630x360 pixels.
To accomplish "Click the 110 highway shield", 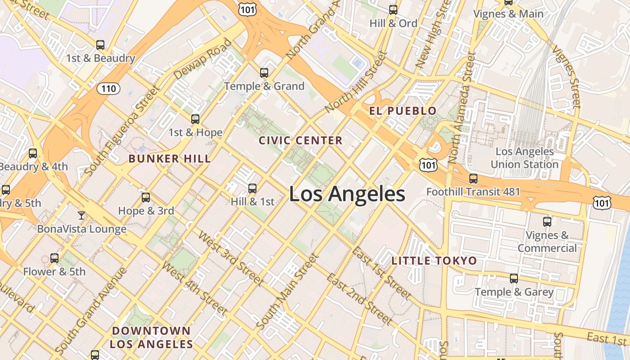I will [x=108, y=89].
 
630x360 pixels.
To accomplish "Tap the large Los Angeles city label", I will [x=347, y=194].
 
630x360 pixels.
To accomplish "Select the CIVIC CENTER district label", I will [x=301, y=140].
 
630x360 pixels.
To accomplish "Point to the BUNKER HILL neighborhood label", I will [x=170, y=158].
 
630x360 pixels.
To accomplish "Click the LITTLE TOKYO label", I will [x=434, y=261].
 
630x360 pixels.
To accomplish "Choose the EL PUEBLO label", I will [x=403, y=111].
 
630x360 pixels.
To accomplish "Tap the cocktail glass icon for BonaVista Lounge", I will [x=81, y=216].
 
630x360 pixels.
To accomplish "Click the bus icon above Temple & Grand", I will [x=264, y=72].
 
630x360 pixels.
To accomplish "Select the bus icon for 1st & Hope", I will [x=195, y=119].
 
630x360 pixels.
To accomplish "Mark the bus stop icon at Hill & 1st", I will [x=252, y=188].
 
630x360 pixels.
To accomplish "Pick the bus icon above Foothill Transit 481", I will [x=473, y=179].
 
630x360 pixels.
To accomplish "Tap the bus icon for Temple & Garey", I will [x=514, y=279].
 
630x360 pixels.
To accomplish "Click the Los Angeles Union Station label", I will [x=524, y=158].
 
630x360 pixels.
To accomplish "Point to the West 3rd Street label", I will [x=230, y=258].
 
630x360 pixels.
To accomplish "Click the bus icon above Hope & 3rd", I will [x=146, y=197].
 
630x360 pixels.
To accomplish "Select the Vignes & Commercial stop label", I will [x=547, y=242].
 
